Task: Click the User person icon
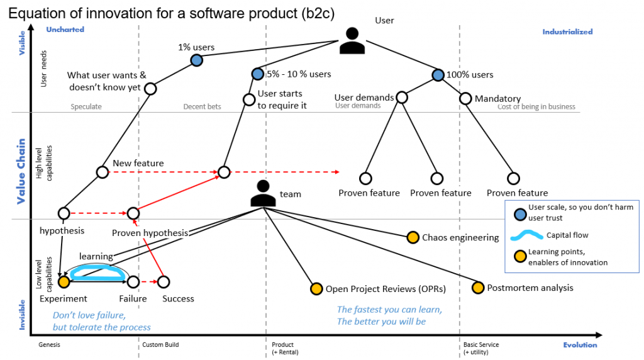352,42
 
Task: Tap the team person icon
264,194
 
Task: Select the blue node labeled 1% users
196,60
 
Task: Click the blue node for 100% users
438,75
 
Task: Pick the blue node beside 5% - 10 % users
257,74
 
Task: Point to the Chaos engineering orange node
413,237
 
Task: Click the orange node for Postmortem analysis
478,288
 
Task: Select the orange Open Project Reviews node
316,289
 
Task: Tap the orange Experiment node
64,282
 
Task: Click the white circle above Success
164,282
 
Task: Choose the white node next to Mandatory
465,98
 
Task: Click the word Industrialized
567,31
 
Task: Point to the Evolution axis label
580,345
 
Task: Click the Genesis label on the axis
50,345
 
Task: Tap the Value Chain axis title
21,171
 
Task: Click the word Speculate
86,106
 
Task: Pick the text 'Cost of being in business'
536,106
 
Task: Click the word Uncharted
65,30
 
